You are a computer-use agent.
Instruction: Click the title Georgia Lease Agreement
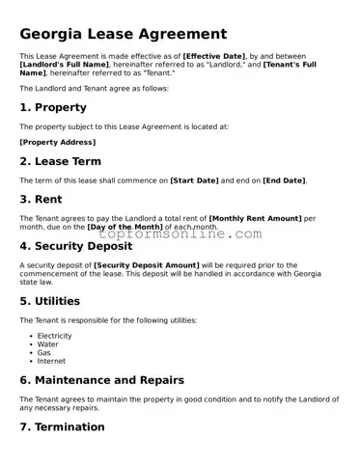point(124,34)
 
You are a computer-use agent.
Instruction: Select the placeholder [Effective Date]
point(214,57)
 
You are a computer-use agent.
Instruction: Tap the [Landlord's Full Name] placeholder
point(65,65)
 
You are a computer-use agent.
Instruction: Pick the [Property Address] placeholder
point(57,142)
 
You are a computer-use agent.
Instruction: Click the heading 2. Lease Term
point(60,161)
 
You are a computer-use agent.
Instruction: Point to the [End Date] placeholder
point(284,180)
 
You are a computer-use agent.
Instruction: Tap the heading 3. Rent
point(42,200)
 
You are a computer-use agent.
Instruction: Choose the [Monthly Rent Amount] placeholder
point(255,218)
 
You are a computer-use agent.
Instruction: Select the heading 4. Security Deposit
point(76,246)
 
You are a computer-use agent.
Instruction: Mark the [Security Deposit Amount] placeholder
point(146,264)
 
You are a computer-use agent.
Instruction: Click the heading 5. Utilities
point(49,301)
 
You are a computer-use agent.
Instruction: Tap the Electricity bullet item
point(54,336)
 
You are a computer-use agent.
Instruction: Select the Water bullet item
point(47,343)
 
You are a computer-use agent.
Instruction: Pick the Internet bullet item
point(51,361)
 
